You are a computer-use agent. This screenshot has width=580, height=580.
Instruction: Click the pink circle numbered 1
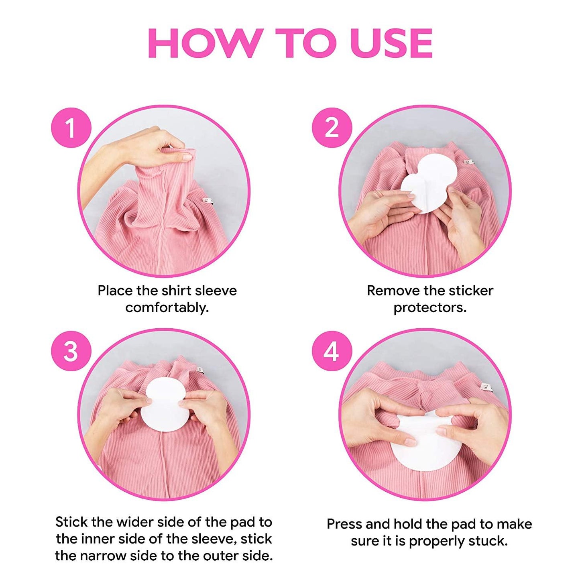point(71,128)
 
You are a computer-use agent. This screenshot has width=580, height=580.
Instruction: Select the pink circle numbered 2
point(332,128)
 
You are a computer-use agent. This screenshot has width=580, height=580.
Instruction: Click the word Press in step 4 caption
point(346,524)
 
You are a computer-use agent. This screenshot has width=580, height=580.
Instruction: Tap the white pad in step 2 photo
point(429,183)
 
